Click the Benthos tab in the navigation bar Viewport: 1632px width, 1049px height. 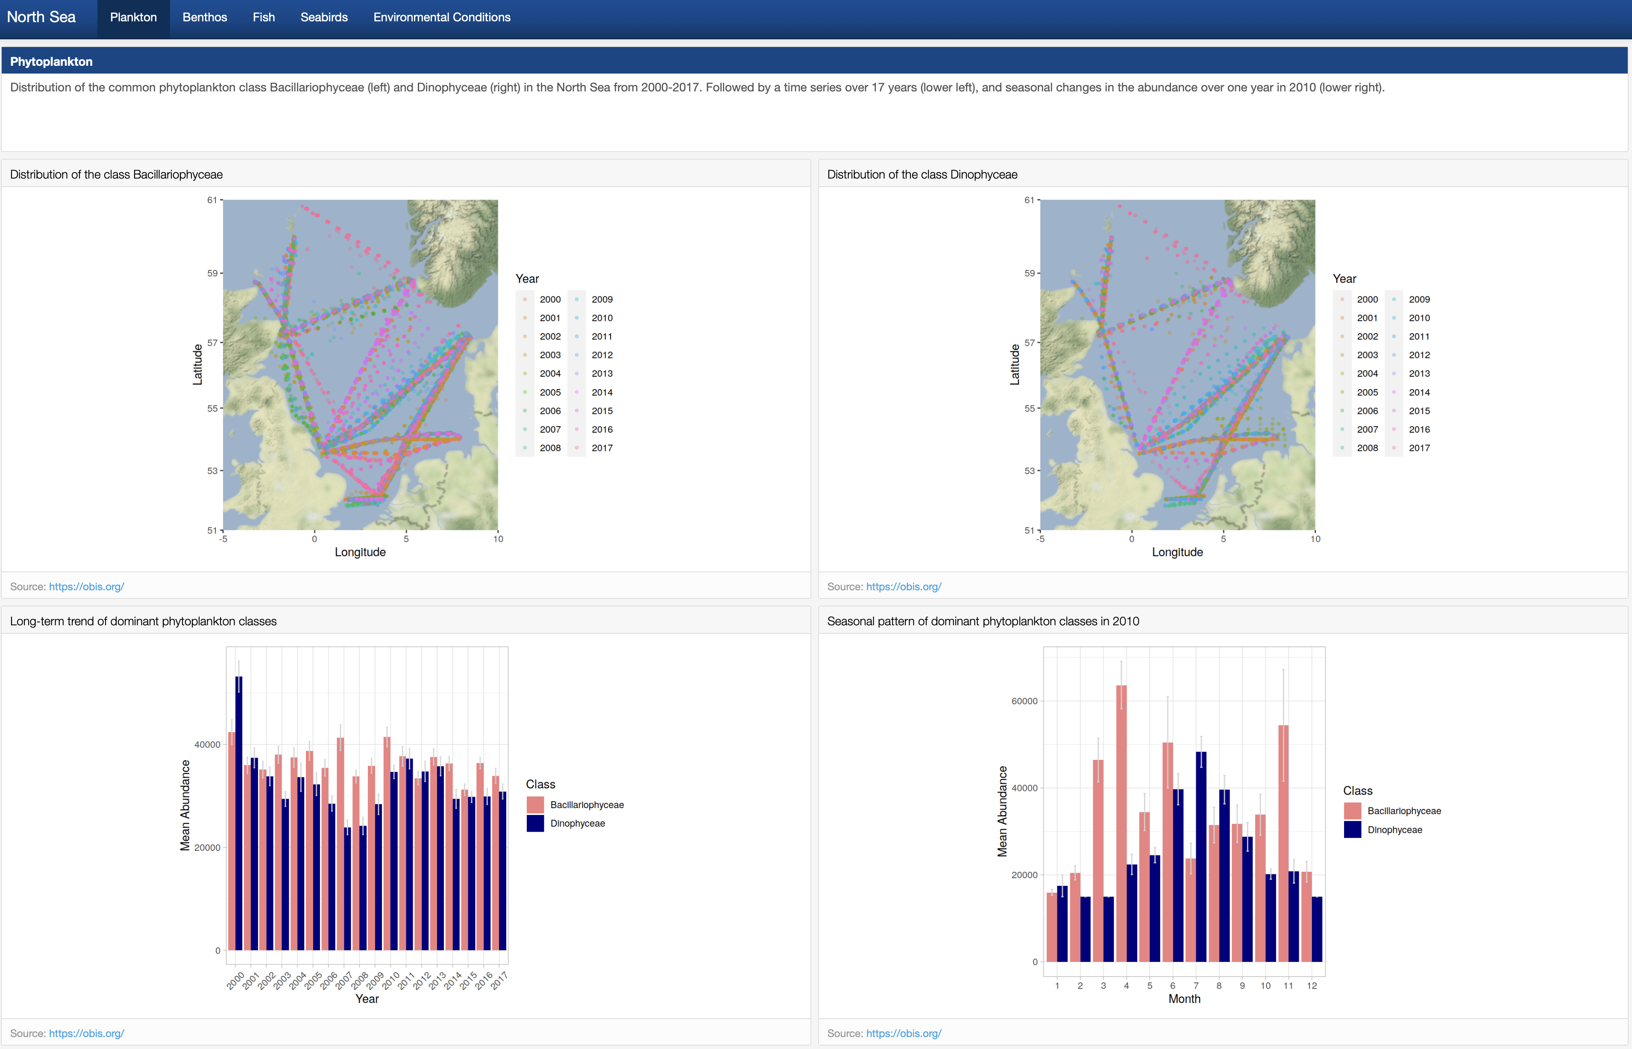(204, 18)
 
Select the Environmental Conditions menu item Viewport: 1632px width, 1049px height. (441, 18)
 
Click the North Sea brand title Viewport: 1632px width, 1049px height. (41, 18)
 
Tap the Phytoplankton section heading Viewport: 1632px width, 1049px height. (51, 62)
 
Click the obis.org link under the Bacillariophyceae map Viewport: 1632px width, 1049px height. (86, 586)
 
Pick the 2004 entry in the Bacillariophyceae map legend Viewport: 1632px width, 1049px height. (550, 373)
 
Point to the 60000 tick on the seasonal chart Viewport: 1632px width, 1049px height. (1024, 701)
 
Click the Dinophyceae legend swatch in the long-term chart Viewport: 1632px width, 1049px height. (535, 823)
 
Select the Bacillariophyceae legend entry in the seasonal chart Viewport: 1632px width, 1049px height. (1403, 811)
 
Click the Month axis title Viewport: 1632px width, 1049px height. (1184, 999)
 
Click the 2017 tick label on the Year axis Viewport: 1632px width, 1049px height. (499, 980)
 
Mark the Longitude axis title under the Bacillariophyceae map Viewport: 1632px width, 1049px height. (360, 552)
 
